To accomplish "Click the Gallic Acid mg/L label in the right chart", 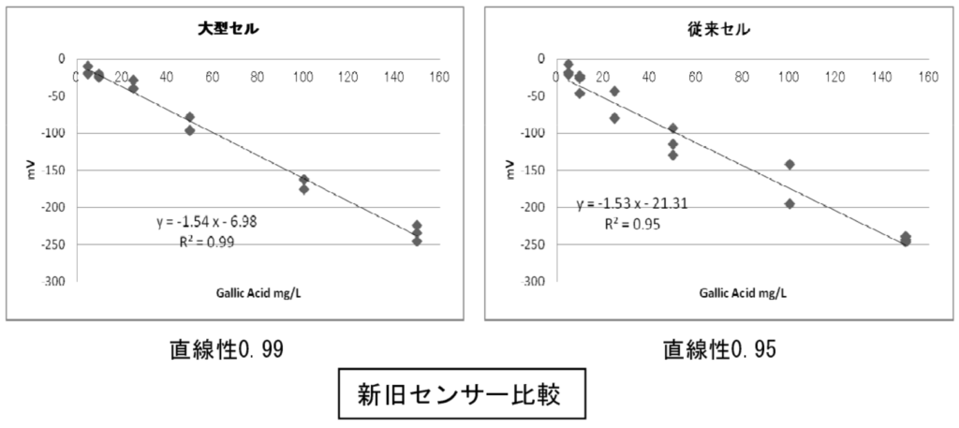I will tap(743, 293).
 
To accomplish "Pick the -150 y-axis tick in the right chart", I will tap(537, 170).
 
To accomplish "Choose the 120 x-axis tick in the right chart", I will tap(835, 77).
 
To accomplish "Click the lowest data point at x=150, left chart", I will tap(417, 241).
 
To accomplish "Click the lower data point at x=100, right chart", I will tap(789, 203).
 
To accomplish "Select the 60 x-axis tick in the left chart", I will tap(212, 77).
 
